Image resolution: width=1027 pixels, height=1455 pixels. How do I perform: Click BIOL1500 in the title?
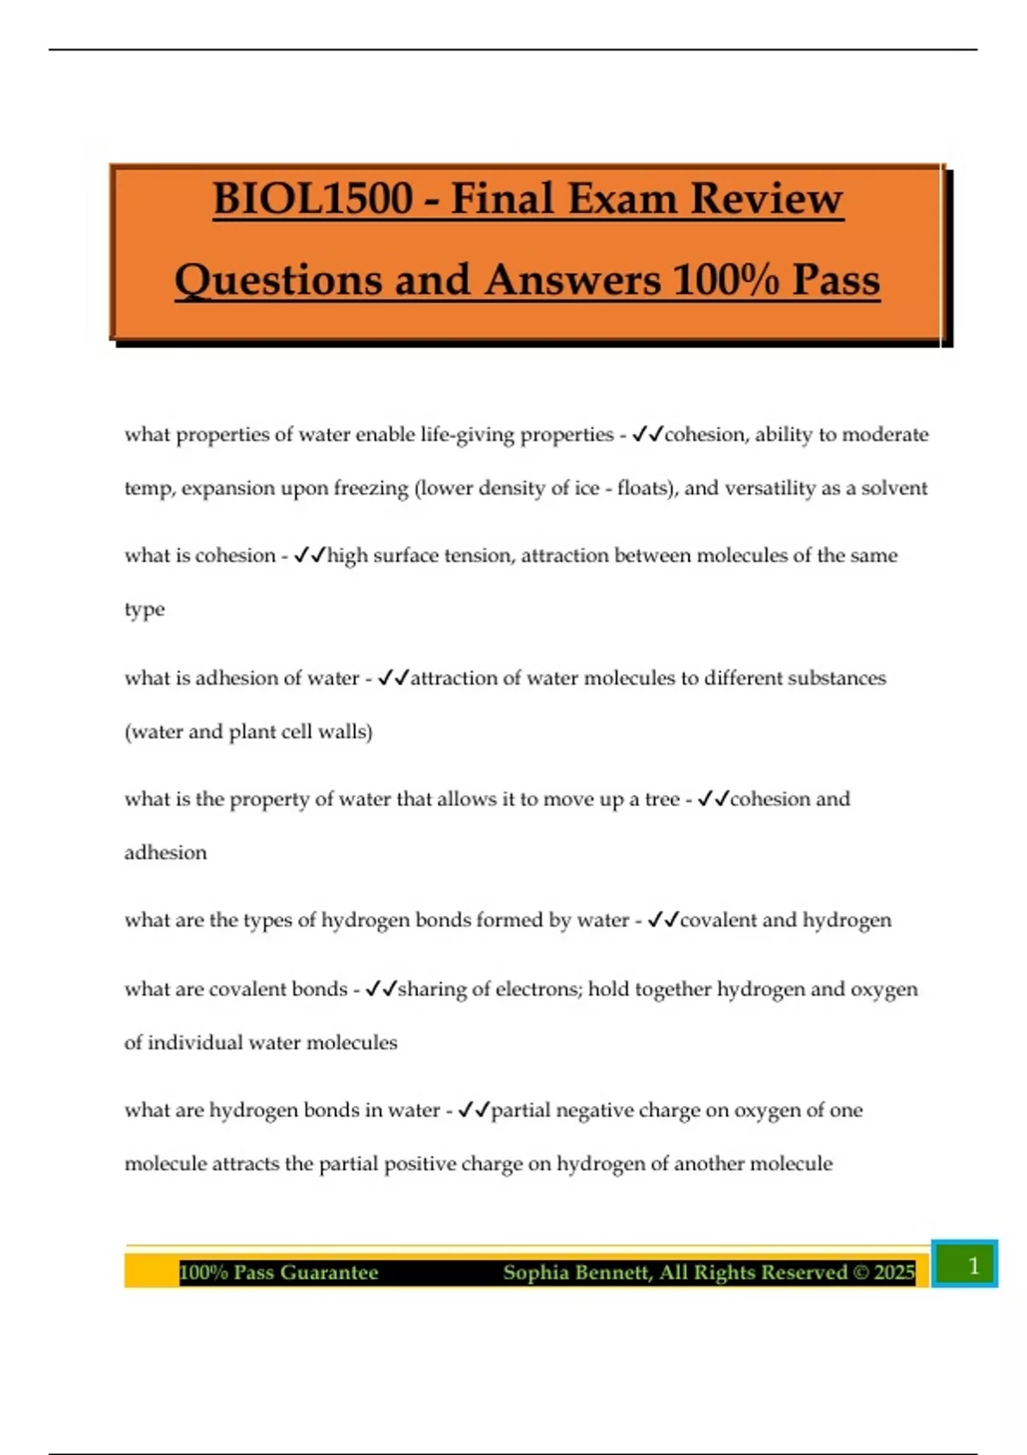tap(313, 199)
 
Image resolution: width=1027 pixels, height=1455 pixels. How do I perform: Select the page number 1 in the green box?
tap(972, 1265)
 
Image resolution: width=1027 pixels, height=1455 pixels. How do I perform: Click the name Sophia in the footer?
tap(537, 1273)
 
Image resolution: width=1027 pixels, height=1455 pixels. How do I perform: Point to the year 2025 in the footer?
tap(894, 1273)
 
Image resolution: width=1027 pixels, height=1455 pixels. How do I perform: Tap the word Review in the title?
tap(767, 199)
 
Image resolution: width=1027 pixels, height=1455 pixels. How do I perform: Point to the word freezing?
tap(371, 489)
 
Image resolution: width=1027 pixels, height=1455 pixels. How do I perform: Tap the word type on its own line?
tap(144, 610)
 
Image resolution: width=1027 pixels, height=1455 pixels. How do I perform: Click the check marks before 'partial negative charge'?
tap(473, 1110)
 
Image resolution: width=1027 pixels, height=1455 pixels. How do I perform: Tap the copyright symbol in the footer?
tap(860, 1273)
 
